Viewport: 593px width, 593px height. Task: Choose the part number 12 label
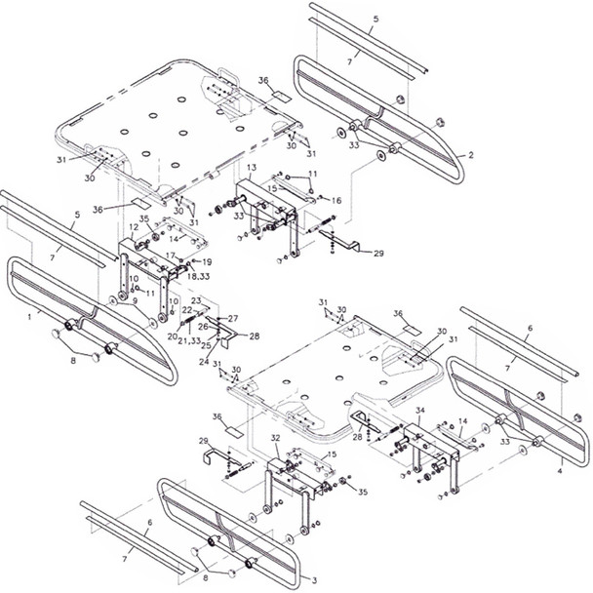pos(134,227)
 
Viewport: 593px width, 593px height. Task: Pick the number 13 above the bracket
pos(252,168)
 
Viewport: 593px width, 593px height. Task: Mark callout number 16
pos(336,199)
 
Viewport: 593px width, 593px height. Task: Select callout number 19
pos(207,262)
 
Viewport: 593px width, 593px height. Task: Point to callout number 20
pos(171,336)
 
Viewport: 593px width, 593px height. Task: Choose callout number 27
pos(233,319)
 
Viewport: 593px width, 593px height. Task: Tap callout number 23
pos(197,300)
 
